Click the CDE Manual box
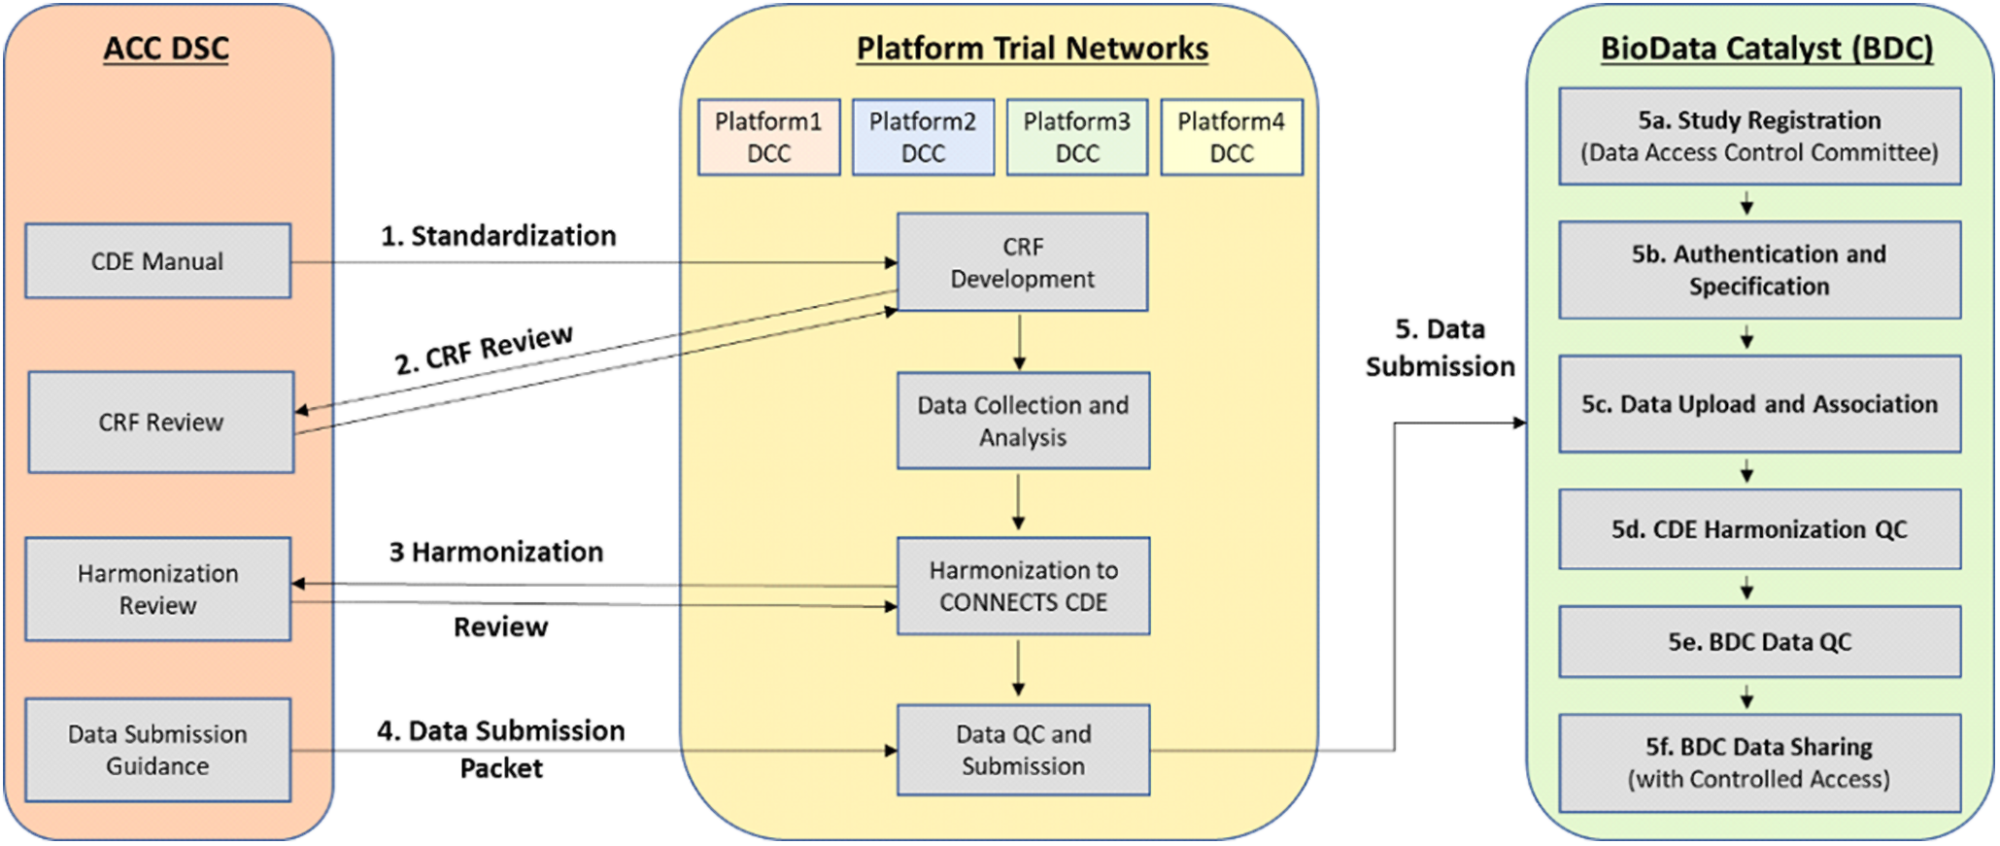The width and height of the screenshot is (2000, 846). pyautogui.click(x=157, y=261)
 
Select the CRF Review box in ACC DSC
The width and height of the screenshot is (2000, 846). pyautogui.click(x=161, y=423)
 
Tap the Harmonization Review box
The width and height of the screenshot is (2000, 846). pyautogui.click(x=157, y=590)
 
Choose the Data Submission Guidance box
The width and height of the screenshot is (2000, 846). pyautogui.click(x=157, y=750)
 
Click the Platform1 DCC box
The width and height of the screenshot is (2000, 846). pyautogui.click(x=768, y=137)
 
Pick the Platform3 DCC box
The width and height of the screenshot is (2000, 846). pyautogui.click(x=1076, y=137)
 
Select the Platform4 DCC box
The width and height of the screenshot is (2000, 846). pyautogui.click(x=1231, y=137)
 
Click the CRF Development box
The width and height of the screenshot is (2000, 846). pyautogui.click(x=1022, y=262)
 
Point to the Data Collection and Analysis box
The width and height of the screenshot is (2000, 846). pyautogui.click(x=1023, y=421)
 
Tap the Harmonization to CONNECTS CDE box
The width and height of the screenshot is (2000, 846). pyautogui.click(x=1023, y=586)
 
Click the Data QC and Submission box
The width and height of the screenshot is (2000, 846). pyautogui.click(x=1023, y=750)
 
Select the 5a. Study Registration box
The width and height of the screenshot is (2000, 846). pyautogui.click(x=1759, y=136)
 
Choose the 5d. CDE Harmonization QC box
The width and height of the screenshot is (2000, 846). pyautogui.click(x=1759, y=529)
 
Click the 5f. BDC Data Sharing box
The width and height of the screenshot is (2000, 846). pyautogui.click(x=1759, y=762)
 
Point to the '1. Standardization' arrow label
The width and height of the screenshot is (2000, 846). pyautogui.click(x=498, y=236)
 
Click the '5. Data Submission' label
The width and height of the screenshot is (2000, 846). pyautogui.click(x=1440, y=348)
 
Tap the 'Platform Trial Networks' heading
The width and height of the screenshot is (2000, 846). pyautogui.click(x=1032, y=49)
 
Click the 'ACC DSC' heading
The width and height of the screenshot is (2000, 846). pyautogui.click(x=166, y=49)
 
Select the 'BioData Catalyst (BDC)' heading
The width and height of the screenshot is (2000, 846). pyautogui.click(x=1766, y=49)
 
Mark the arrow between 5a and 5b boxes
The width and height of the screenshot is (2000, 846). pyautogui.click(x=1746, y=203)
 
